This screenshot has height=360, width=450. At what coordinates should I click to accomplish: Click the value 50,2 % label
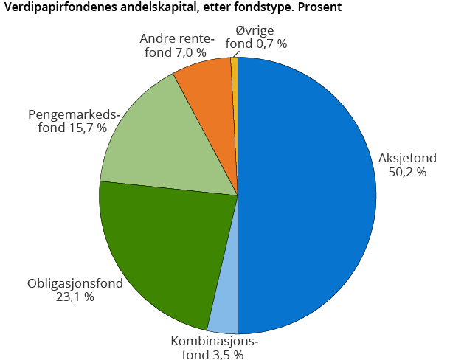[408, 173]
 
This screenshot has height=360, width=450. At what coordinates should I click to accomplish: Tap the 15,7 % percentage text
[86, 128]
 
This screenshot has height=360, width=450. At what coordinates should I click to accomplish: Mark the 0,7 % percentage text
[271, 44]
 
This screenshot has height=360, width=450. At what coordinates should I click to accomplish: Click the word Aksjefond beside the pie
[408, 158]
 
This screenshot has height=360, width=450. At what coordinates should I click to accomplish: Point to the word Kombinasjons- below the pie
[215, 341]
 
